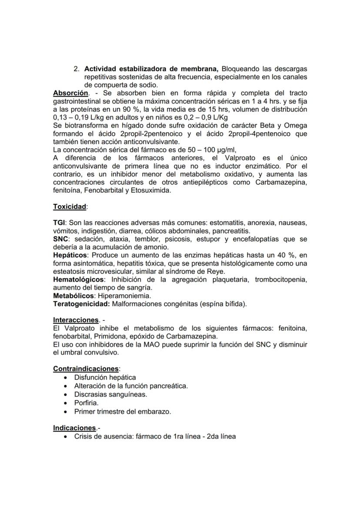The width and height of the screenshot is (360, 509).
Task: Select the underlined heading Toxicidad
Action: click(69, 206)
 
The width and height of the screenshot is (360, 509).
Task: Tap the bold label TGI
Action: click(59, 223)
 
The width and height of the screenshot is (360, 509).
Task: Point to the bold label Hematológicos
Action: click(78, 279)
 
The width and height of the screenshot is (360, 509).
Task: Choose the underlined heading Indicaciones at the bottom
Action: click(74, 428)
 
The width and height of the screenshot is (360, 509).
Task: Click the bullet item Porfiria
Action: click(86, 403)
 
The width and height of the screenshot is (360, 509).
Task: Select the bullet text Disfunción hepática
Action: click(105, 377)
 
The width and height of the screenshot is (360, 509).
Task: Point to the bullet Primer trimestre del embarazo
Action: click(122, 411)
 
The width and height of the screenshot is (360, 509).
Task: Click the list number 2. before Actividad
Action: click(76, 69)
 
